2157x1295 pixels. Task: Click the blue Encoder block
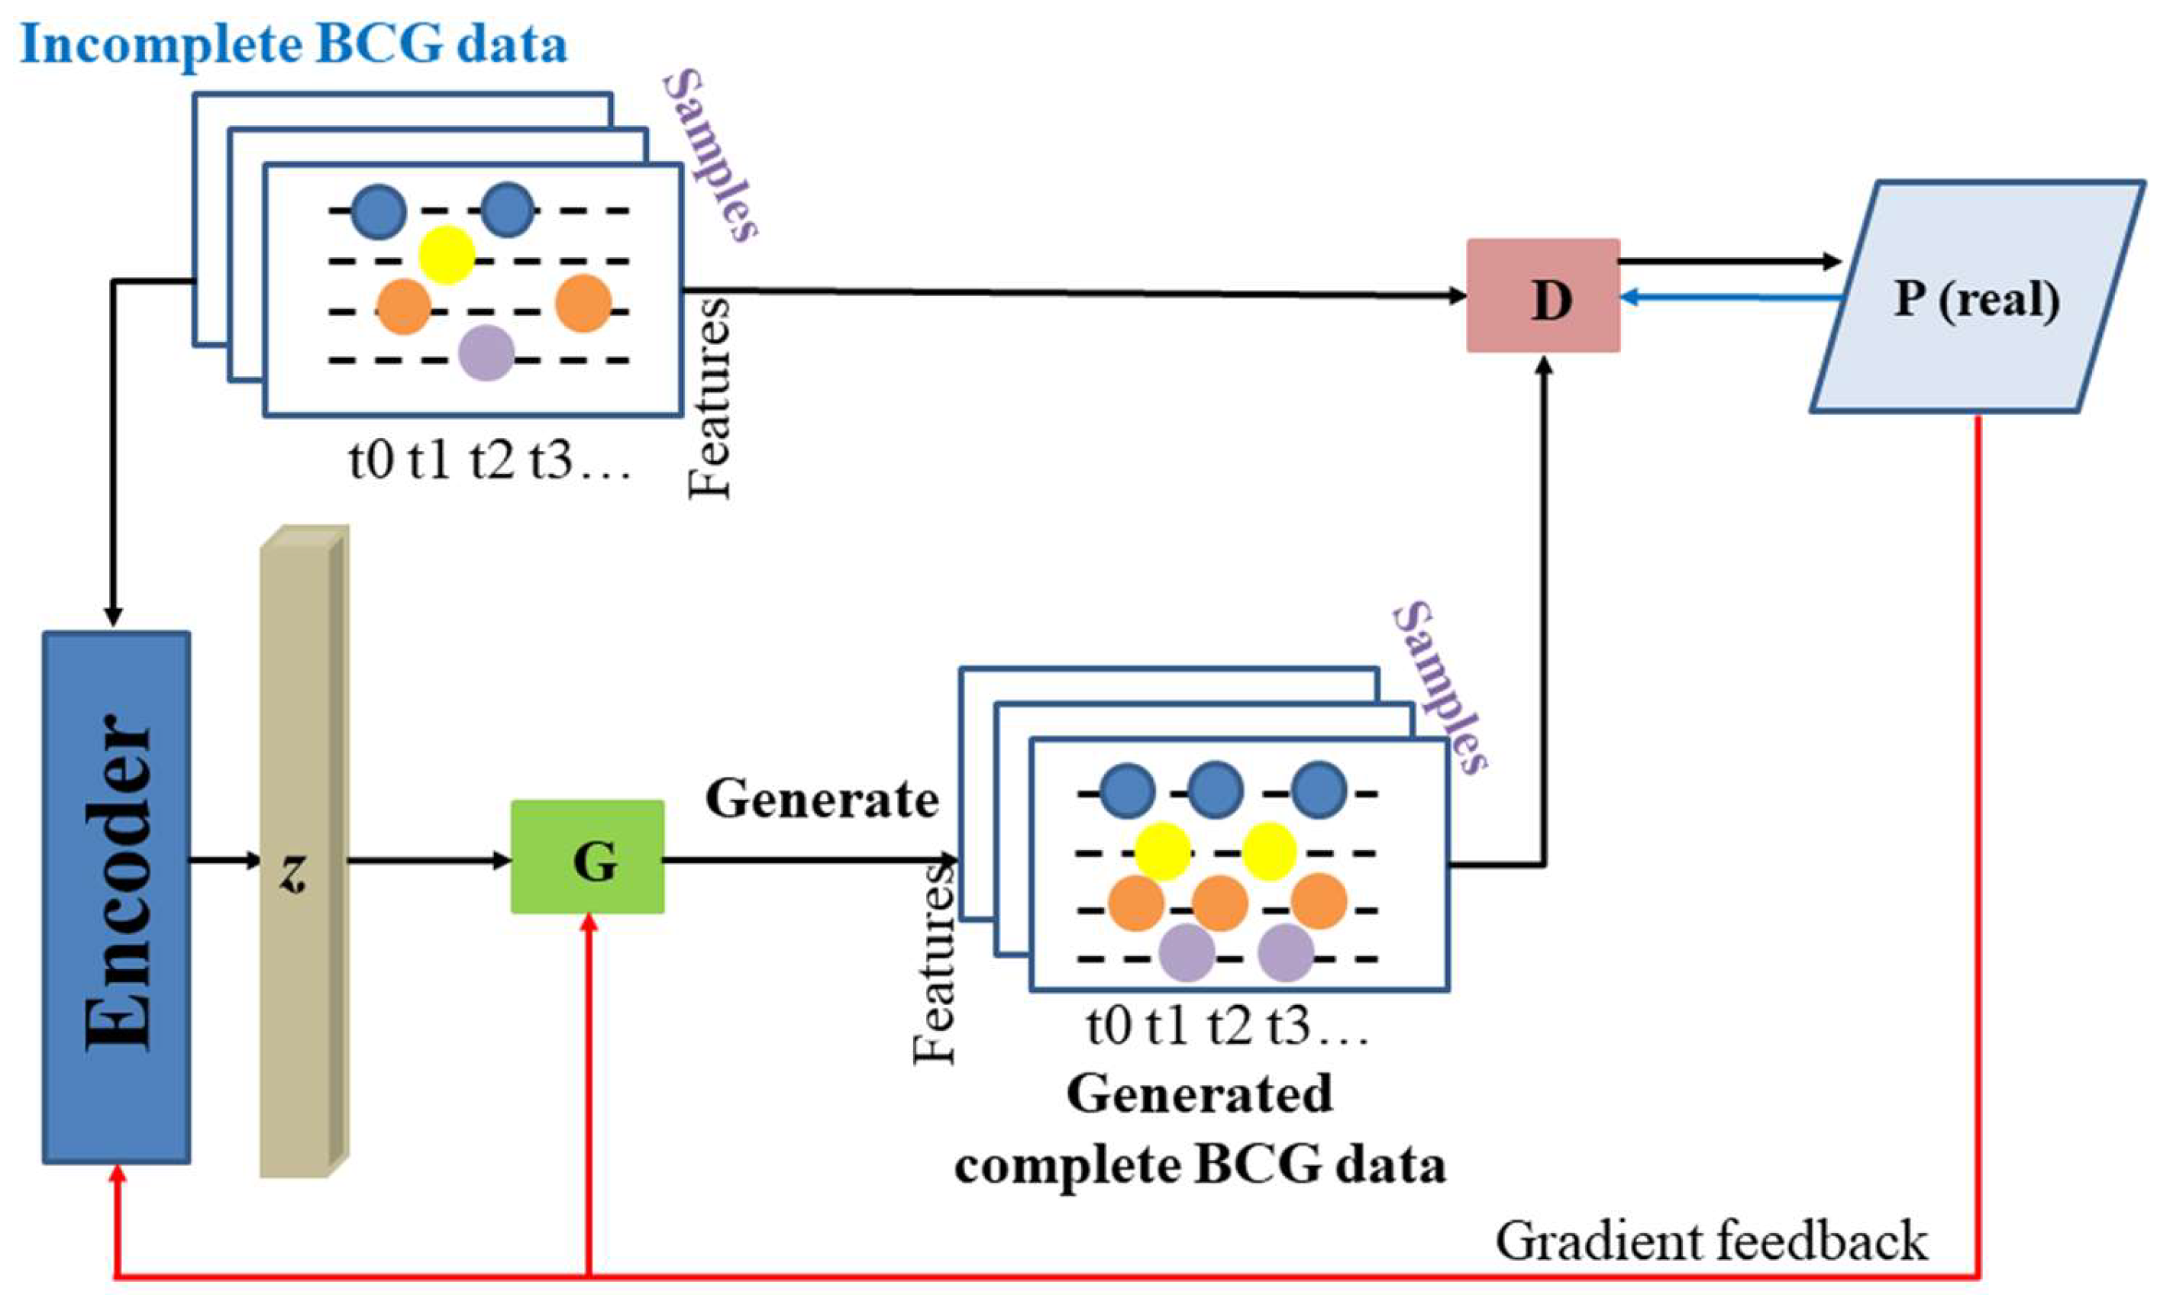click(x=116, y=897)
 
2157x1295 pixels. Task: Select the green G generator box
click(x=587, y=857)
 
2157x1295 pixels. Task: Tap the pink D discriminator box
click(x=1542, y=296)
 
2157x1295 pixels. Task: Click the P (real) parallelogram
click(x=1977, y=297)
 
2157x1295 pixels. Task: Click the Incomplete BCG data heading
click(x=293, y=43)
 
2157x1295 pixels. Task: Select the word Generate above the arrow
click(x=822, y=798)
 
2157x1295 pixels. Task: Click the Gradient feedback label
click(x=1711, y=1241)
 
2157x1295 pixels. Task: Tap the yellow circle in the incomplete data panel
click(x=446, y=255)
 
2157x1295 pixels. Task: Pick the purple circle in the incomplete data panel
click(x=486, y=353)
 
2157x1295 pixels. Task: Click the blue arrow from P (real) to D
click(x=1729, y=298)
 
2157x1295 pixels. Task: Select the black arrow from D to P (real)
click(x=1729, y=261)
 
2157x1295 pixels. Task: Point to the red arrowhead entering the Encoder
click(x=116, y=1176)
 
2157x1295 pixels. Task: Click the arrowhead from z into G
click(x=502, y=861)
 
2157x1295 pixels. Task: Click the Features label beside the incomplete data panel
click(x=709, y=397)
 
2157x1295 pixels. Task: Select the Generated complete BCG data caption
click(x=1200, y=1130)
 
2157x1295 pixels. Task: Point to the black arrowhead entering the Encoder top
click(x=112, y=616)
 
